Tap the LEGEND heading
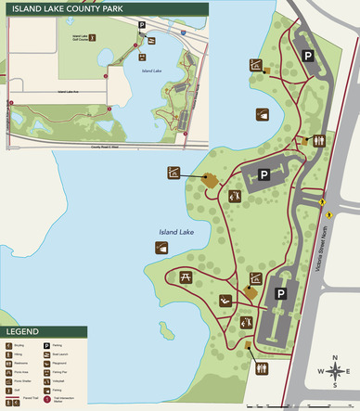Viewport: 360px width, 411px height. [x=22, y=331]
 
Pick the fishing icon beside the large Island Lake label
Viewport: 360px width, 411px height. [x=162, y=247]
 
